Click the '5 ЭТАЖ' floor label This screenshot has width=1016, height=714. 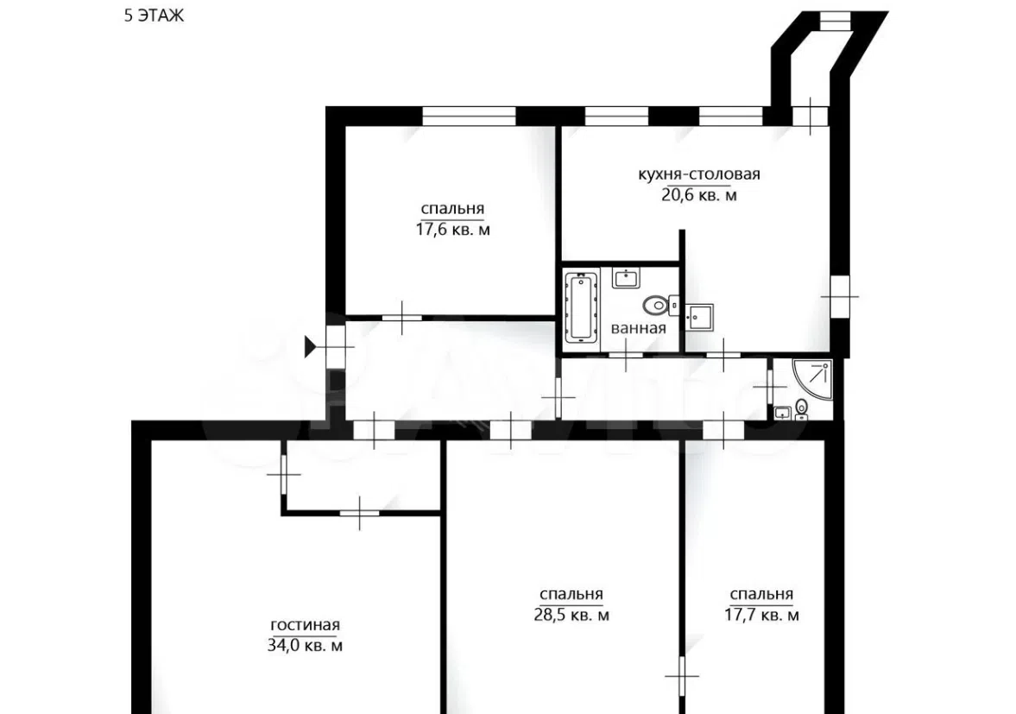(x=155, y=15)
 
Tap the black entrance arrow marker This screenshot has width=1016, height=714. (x=311, y=347)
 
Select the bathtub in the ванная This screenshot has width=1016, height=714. (x=581, y=306)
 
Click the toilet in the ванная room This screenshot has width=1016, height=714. (x=657, y=304)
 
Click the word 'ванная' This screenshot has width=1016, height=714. (x=638, y=328)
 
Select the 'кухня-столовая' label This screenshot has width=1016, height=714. (x=698, y=174)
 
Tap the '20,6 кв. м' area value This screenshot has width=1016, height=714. (x=698, y=194)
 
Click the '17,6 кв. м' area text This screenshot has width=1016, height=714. (x=452, y=230)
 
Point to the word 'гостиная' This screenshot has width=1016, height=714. (x=305, y=625)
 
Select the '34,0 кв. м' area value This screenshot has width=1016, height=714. (x=305, y=645)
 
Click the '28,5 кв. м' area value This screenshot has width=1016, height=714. (x=571, y=615)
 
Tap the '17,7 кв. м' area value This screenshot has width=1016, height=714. (x=761, y=615)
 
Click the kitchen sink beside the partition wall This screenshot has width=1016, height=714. (x=700, y=317)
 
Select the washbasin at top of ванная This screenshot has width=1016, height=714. (x=626, y=279)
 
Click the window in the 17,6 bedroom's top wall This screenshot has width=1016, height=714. (x=469, y=116)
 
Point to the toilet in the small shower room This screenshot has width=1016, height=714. (x=802, y=408)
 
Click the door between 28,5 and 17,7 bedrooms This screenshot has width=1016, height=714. (x=682, y=676)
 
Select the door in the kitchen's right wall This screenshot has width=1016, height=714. (x=840, y=297)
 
